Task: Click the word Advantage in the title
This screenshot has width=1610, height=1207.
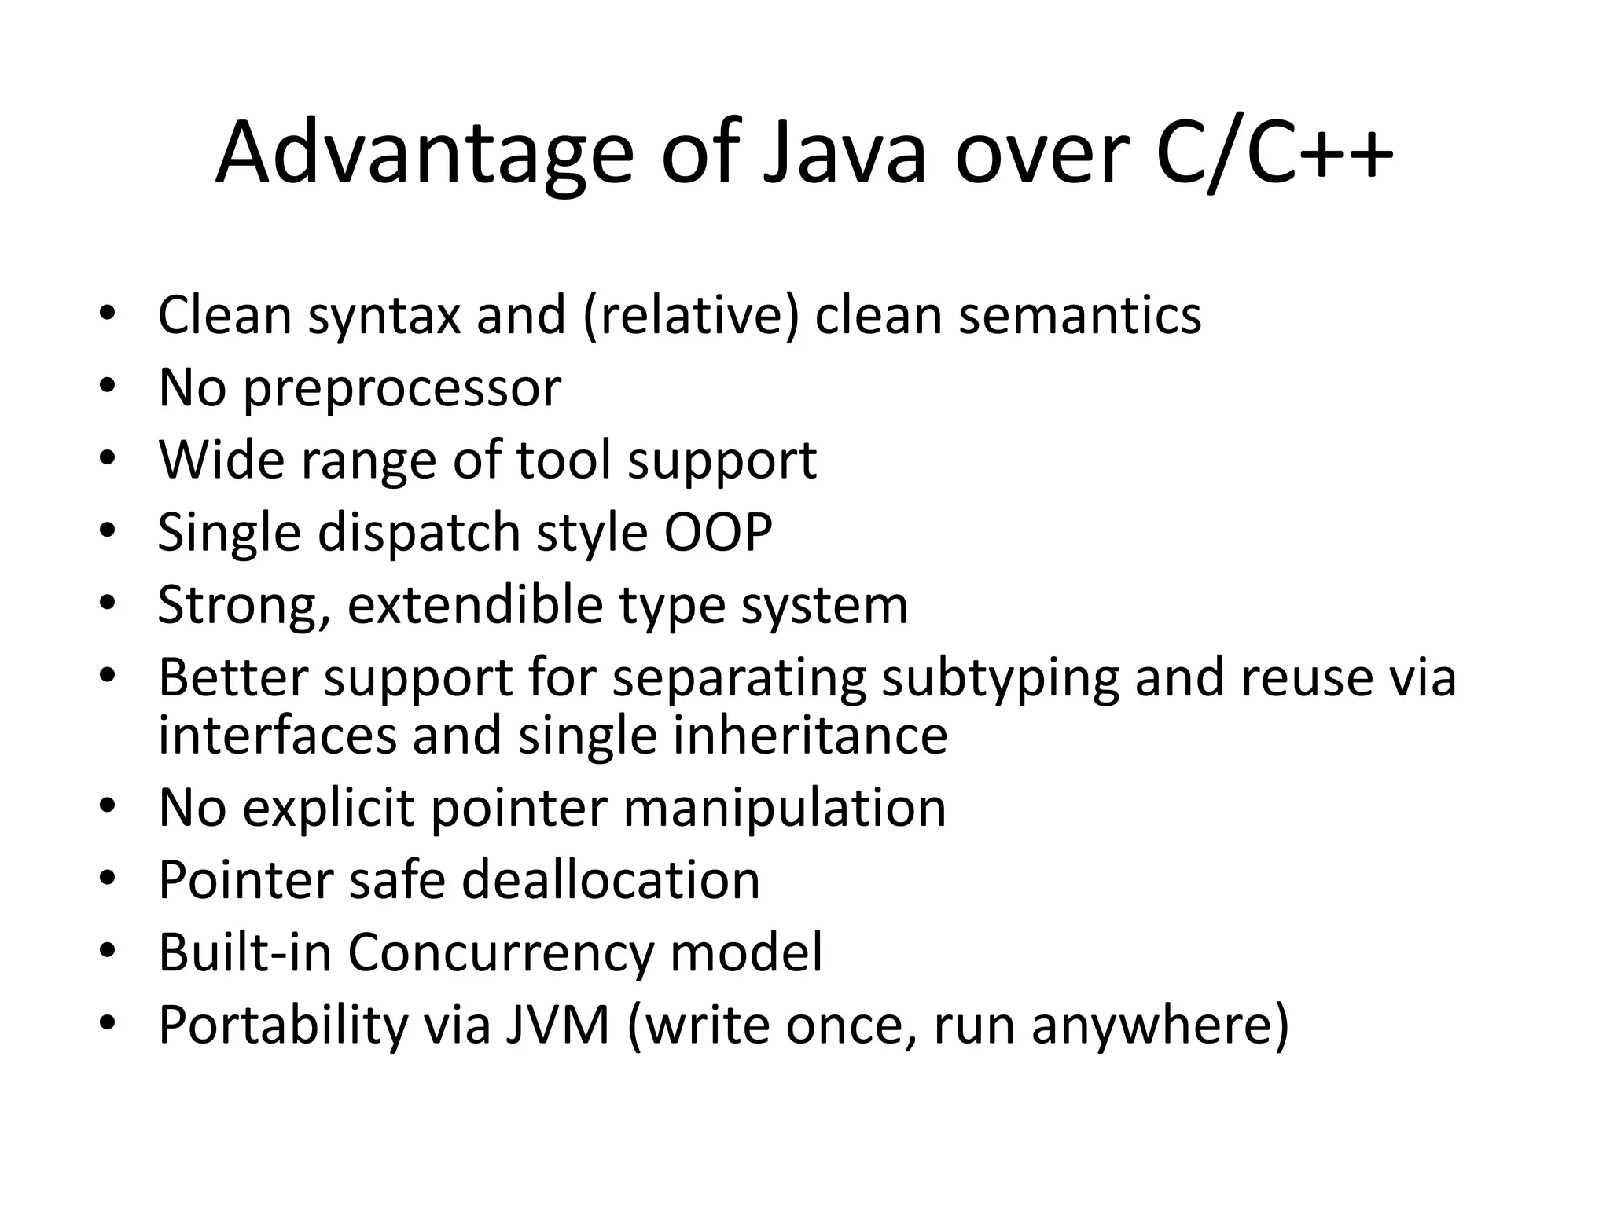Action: coord(424,153)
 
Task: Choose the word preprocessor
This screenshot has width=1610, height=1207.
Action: coord(402,389)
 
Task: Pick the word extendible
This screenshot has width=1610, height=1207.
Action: coord(476,605)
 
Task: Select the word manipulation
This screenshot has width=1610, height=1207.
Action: coord(785,808)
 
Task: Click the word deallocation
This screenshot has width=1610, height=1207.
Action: coord(611,880)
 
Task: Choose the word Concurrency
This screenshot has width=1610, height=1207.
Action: coord(500,952)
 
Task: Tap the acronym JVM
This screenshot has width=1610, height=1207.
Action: coord(557,1025)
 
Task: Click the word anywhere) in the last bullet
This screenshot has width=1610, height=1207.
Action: coord(1160,1025)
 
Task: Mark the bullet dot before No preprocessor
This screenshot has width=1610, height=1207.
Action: coord(108,387)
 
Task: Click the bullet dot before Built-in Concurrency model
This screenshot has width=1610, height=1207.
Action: coord(108,952)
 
